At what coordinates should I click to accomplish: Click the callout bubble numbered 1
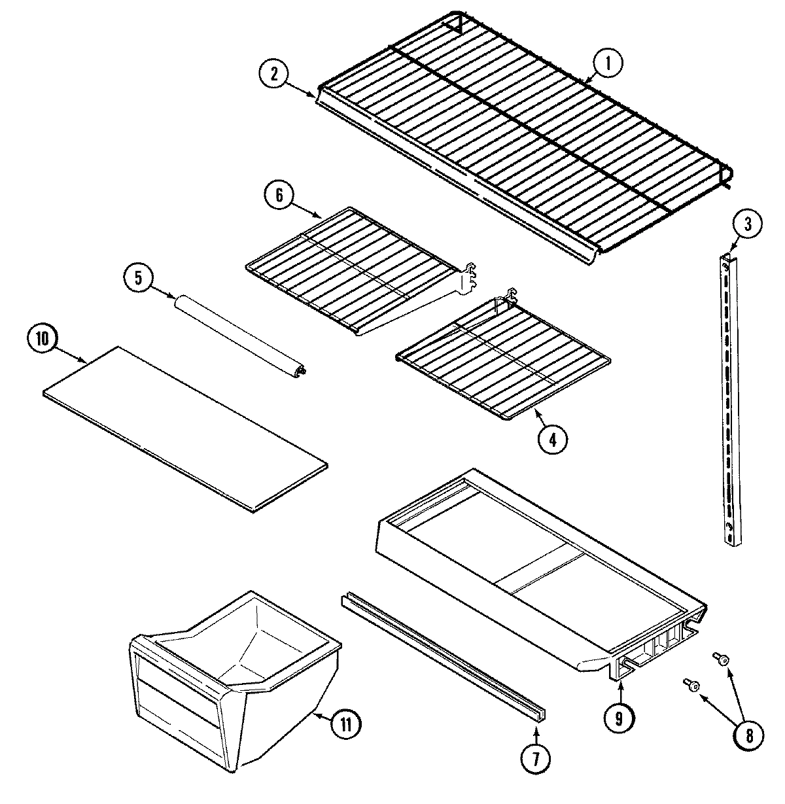608,63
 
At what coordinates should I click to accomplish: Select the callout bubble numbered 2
275,74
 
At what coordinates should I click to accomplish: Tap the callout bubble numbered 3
748,225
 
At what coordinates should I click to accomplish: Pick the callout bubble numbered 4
553,440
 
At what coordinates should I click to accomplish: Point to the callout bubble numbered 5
139,277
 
